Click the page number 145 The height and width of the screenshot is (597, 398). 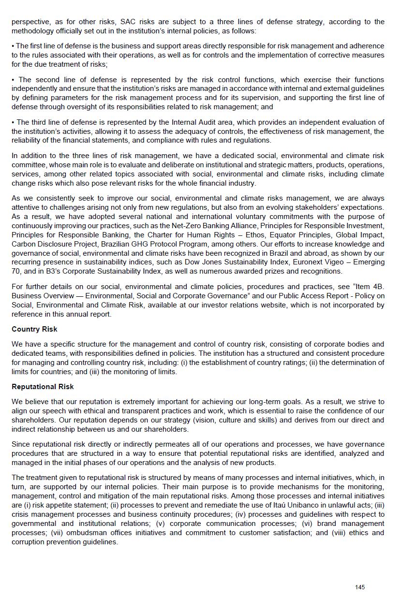(x=360, y=587)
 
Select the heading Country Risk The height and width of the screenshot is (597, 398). (x=34, y=329)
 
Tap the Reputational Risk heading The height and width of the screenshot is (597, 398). (x=43, y=387)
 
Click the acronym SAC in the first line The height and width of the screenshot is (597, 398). (x=131, y=22)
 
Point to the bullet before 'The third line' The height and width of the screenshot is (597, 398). (x=14, y=122)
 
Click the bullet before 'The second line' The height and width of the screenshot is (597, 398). (x=14, y=80)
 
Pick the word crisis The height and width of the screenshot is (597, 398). (x=21, y=514)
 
